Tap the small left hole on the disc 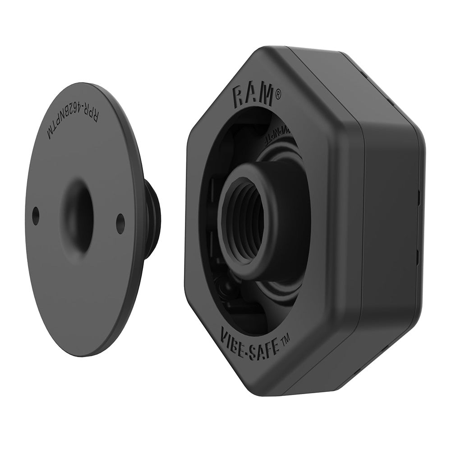36,216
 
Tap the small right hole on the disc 120,223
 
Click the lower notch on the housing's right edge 419,257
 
